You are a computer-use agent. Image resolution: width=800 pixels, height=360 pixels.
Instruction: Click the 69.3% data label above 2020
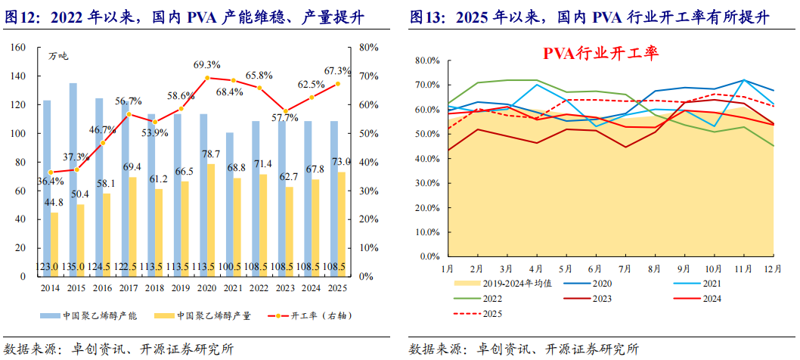tap(206, 65)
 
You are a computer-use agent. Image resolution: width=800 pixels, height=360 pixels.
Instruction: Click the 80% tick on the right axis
tap(369, 48)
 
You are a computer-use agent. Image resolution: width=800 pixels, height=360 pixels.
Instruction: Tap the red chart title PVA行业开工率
tap(601, 53)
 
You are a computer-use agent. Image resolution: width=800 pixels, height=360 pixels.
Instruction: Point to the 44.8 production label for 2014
tap(53, 203)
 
